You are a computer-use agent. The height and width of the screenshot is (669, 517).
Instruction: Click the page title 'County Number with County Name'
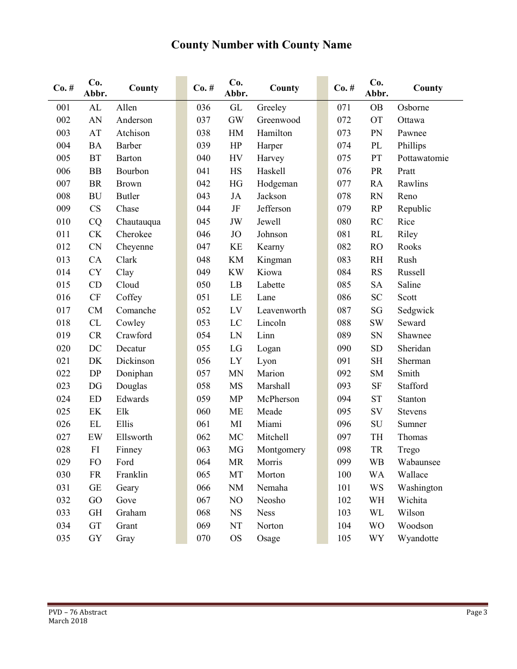(261, 45)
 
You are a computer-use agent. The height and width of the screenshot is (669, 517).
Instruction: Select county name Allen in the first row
(126, 108)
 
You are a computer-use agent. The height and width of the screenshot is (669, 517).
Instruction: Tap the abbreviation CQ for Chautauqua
(95, 221)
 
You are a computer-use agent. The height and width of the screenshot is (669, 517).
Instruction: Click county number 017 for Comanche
(63, 310)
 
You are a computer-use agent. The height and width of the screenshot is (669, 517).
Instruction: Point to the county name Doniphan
(134, 374)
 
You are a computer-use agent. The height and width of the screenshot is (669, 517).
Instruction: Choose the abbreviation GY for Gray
(95, 538)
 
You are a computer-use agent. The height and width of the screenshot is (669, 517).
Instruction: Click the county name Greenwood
(278, 120)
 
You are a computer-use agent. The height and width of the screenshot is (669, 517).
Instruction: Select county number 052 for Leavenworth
(203, 310)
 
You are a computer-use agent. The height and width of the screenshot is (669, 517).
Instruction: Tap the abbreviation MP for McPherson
(236, 399)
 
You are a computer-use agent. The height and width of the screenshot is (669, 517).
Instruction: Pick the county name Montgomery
(281, 450)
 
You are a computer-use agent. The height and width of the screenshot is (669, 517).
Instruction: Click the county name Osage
(268, 538)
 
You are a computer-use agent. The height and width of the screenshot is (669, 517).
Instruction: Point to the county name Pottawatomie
(423, 158)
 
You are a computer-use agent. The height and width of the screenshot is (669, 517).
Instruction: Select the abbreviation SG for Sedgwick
(376, 310)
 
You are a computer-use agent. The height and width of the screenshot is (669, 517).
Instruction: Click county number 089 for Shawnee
(344, 336)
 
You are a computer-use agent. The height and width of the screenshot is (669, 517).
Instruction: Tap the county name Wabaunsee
(418, 462)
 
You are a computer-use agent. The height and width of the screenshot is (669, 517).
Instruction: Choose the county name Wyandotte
(417, 538)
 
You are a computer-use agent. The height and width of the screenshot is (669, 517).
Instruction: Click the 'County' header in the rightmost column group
(428, 88)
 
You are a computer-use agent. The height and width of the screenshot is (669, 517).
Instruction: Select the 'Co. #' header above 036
(204, 88)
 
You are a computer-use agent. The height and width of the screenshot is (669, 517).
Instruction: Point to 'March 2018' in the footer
(67, 621)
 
